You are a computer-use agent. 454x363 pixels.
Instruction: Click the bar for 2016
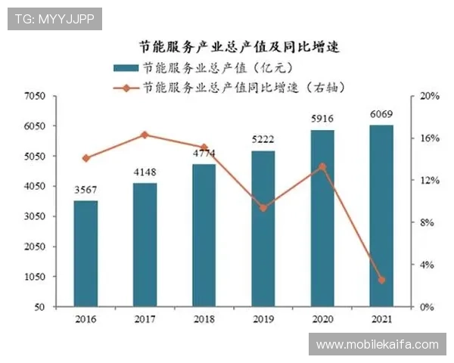86,253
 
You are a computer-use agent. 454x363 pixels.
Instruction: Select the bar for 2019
263,228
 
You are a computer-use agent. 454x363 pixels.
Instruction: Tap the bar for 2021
381,216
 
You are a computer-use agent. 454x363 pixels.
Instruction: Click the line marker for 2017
145,135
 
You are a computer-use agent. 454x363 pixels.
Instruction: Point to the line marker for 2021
381,280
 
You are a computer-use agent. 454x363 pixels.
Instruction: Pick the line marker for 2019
263,207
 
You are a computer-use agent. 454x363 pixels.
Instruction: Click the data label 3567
86,191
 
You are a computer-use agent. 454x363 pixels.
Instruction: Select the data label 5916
322,119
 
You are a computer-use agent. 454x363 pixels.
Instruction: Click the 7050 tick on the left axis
36,97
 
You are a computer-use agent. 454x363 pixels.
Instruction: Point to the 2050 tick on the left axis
36,247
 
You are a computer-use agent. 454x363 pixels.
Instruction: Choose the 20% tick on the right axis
430,97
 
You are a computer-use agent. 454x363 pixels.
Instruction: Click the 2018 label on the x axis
204,320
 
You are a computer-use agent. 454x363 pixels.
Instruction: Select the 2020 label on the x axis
322,320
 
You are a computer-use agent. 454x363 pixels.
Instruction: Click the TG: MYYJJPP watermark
54,18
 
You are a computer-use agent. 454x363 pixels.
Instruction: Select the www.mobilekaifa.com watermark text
378,345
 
